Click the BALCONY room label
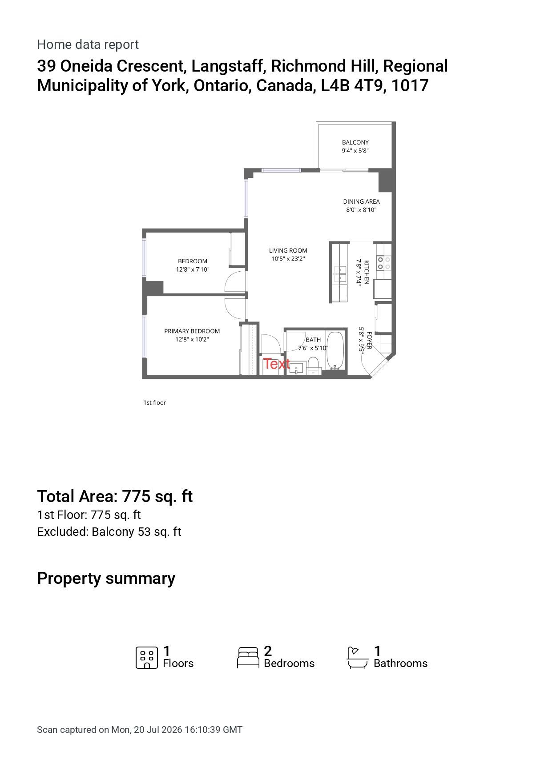click(355, 142)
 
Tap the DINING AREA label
click(361, 201)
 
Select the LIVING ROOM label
click(288, 250)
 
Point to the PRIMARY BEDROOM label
click(192, 331)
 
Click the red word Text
click(276, 364)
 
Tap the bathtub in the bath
click(335, 350)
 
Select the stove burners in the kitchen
click(384, 262)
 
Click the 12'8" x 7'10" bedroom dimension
click(193, 269)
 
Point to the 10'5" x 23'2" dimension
click(288, 259)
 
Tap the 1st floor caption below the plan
click(154, 402)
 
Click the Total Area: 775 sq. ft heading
click(115, 496)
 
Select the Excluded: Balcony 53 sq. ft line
click(109, 532)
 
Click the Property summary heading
click(106, 578)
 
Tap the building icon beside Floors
click(147, 658)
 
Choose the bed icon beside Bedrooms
click(248, 658)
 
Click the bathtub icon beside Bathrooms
click(358, 658)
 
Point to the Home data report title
click(88, 44)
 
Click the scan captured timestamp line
click(140, 730)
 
